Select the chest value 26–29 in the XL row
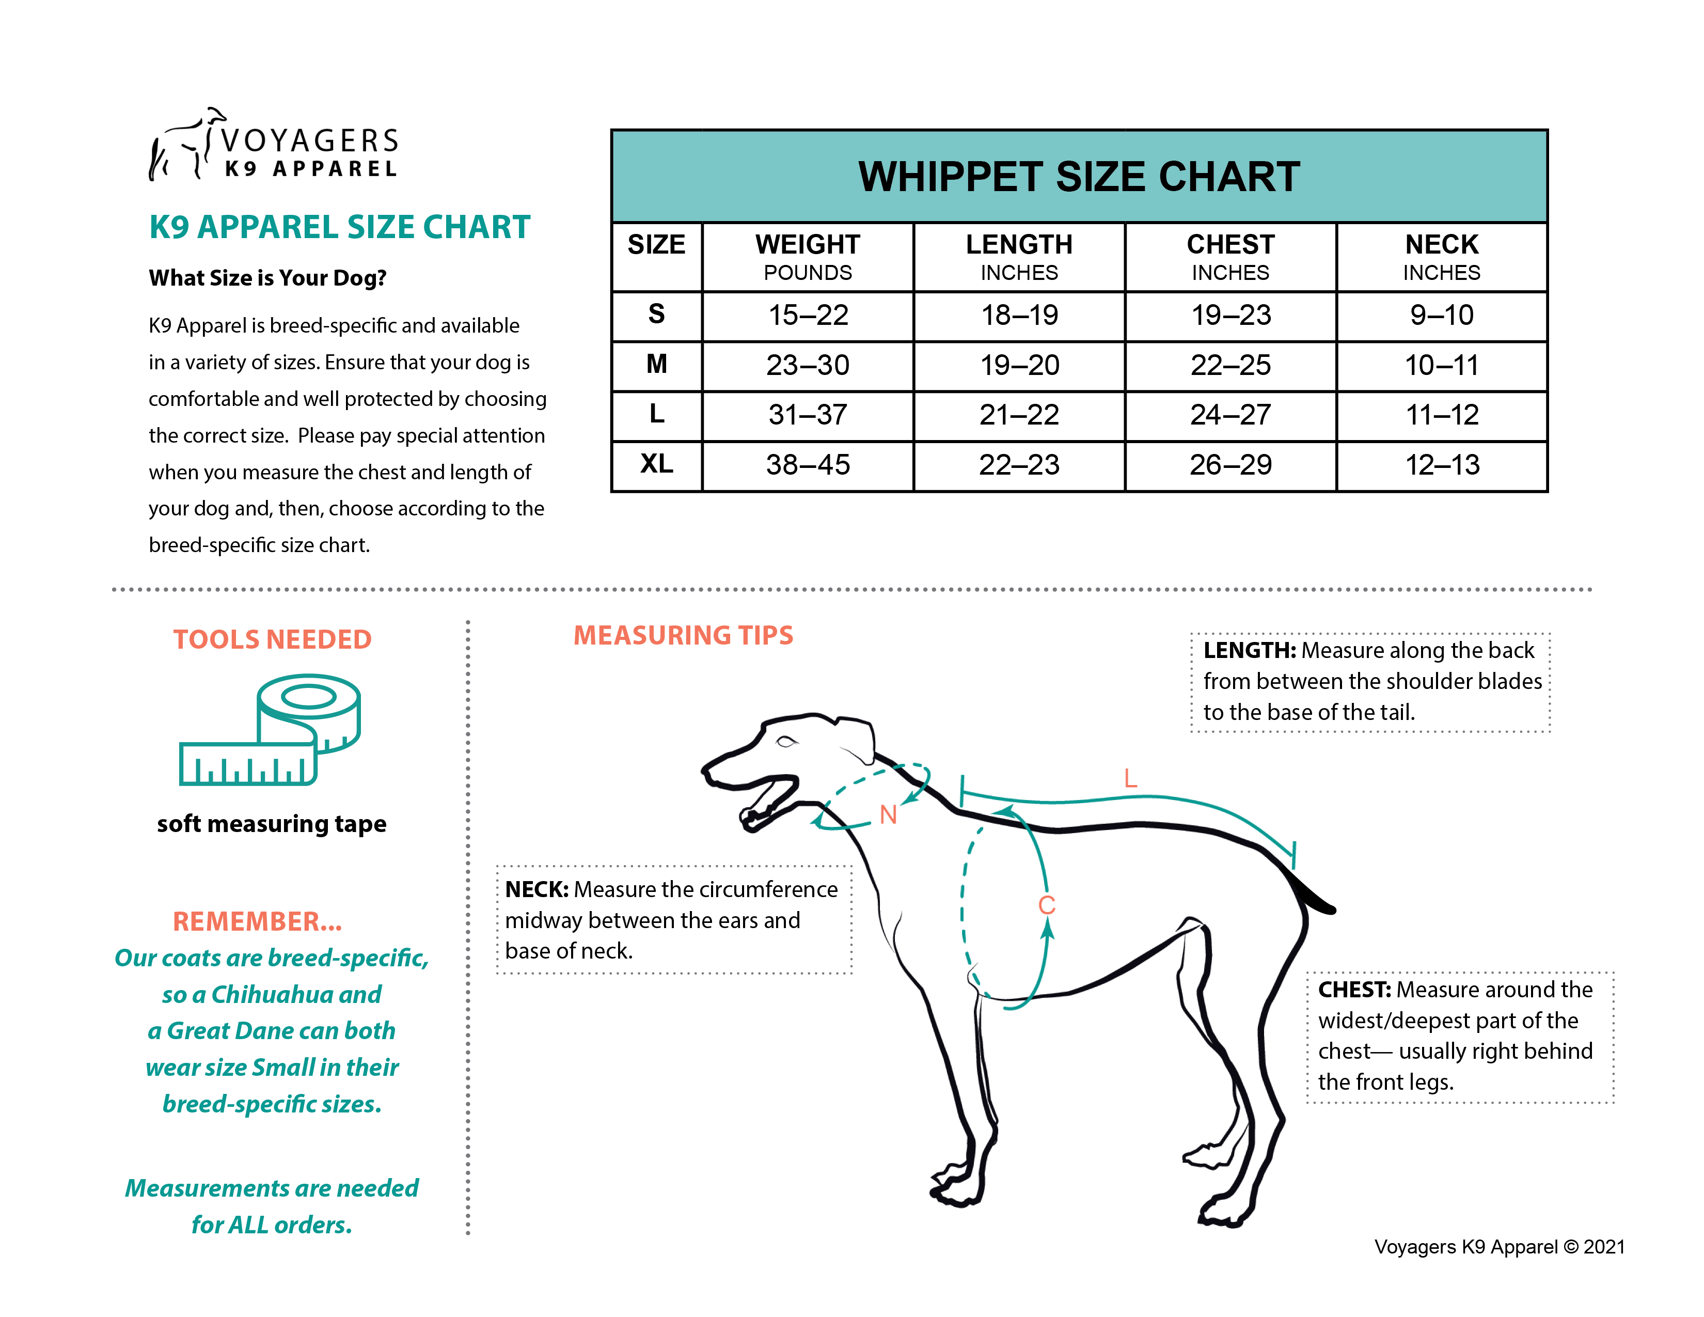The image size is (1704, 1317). pos(1230,465)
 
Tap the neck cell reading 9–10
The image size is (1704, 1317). pos(1441,315)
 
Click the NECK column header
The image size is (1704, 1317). pos(1441,256)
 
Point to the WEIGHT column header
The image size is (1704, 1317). pos(808,256)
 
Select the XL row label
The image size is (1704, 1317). pos(656,464)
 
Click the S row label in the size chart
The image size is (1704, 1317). pos(656,315)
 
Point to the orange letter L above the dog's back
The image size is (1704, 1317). pos(1130,778)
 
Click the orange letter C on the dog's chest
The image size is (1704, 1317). pos(1046,905)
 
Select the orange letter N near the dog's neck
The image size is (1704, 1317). pos(888,816)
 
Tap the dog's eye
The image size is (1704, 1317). pos(786,741)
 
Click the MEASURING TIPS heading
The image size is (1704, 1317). pos(684,636)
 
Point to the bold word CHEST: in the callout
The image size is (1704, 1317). pos(1354,990)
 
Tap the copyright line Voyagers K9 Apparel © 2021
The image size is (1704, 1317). pos(1499,1247)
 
